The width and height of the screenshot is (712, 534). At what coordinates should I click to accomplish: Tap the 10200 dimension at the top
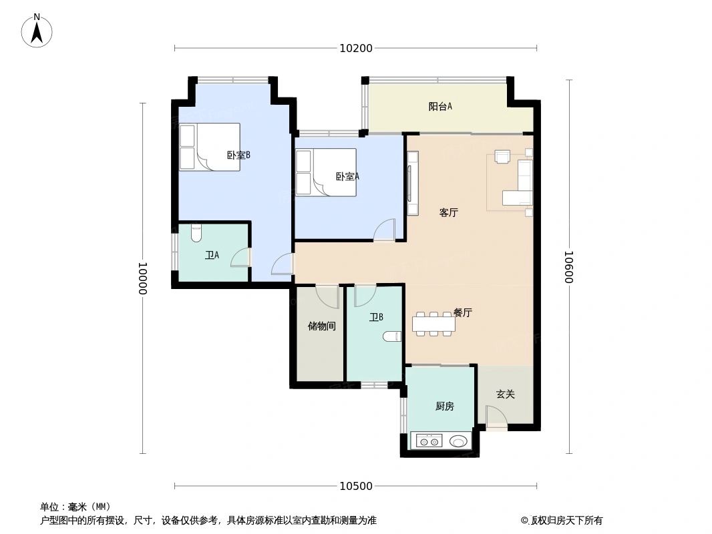(x=355, y=48)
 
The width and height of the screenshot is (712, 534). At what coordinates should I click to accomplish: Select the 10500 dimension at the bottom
(x=355, y=486)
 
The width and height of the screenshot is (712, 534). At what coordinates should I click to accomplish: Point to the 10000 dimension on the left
(x=142, y=278)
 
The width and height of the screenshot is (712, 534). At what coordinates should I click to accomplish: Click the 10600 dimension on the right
(x=568, y=267)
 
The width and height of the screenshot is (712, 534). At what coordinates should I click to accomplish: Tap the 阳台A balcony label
(x=440, y=106)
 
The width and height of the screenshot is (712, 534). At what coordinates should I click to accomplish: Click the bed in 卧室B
(x=209, y=147)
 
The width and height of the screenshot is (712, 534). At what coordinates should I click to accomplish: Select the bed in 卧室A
(x=325, y=172)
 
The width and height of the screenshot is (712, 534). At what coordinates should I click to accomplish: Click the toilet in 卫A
(x=196, y=234)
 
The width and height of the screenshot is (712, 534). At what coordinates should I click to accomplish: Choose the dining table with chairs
(x=433, y=324)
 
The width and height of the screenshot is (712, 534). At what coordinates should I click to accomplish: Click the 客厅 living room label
(x=448, y=213)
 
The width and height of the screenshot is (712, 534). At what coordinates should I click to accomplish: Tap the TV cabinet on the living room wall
(x=412, y=183)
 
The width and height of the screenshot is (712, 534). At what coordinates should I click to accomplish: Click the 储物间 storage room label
(x=321, y=326)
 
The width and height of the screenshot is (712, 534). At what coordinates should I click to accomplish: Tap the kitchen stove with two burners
(x=429, y=441)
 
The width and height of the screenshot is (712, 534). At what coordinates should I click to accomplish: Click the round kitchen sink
(x=458, y=441)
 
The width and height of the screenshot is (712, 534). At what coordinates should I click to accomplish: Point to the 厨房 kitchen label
(x=444, y=406)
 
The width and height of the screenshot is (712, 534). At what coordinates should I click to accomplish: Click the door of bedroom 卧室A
(x=385, y=231)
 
